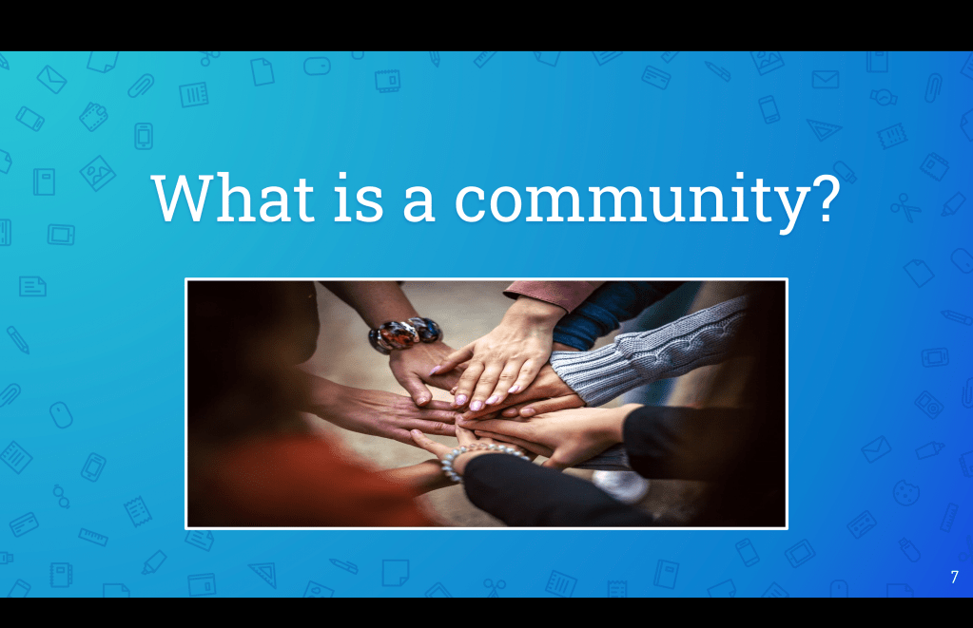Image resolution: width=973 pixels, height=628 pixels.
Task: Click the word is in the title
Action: [359, 198]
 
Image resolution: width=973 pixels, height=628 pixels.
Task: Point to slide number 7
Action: [954, 577]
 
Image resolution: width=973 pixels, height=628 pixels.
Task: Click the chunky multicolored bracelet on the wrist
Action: [405, 333]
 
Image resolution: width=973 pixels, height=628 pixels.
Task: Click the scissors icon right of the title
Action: [905, 208]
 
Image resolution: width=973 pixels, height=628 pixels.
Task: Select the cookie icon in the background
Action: [906, 492]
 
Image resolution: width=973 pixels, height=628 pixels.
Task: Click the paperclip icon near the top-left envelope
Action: [141, 86]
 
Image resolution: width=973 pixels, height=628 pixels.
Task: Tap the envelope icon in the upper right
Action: [826, 80]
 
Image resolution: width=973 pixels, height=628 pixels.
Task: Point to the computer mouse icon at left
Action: [61, 415]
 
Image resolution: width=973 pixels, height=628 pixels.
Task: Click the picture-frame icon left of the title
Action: [97, 172]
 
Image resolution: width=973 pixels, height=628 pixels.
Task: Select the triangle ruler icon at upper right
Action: [824, 129]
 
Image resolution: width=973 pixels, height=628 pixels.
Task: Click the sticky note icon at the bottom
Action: [396, 573]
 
